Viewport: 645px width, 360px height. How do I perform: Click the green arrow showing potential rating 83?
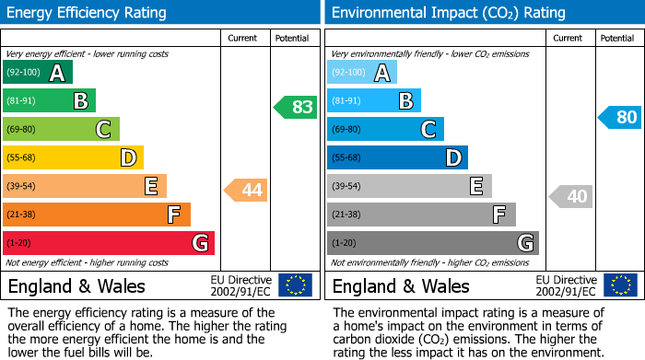click(296, 107)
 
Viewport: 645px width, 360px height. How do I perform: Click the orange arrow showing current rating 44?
click(246, 191)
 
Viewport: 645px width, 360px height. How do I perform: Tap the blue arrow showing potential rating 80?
click(619, 117)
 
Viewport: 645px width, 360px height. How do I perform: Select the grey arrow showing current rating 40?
click(570, 196)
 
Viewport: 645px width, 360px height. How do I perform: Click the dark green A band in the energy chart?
click(37, 73)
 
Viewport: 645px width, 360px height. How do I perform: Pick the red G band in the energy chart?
click(108, 243)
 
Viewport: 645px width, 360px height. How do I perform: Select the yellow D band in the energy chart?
click(73, 157)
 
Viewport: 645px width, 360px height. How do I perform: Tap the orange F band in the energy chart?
click(96, 215)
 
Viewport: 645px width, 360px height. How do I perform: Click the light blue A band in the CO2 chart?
click(362, 73)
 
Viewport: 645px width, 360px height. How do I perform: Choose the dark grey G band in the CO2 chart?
click(432, 243)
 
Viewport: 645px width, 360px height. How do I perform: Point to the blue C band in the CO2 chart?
click(385, 129)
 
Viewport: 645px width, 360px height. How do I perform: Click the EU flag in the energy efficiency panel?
click(295, 285)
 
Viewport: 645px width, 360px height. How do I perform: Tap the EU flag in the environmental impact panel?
click(620, 285)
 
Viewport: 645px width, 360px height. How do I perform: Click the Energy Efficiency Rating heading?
click(88, 13)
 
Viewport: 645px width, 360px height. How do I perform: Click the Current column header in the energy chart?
click(244, 38)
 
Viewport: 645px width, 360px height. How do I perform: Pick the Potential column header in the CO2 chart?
click(616, 38)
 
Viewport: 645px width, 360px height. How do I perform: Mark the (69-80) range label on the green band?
click(23, 130)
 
